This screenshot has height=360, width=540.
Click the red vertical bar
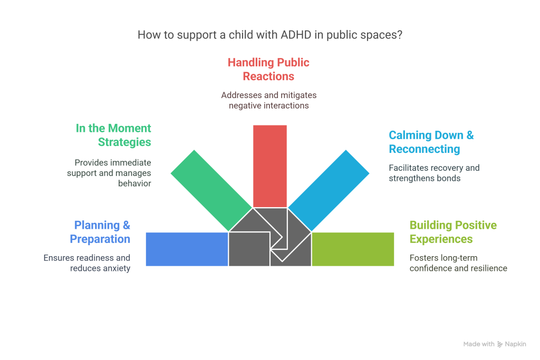coord(270,165)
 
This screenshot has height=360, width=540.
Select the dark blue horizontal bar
coord(186,249)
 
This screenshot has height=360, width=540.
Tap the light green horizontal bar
coord(353,249)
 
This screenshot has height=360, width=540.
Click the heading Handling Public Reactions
coord(268,69)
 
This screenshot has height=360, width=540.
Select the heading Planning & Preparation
coord(100,232)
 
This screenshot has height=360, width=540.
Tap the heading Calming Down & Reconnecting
coord(431,142)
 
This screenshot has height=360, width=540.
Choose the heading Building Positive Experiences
coord(452,232)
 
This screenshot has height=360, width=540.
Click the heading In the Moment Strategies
coord(113,135)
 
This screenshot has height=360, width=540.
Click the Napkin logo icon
coord(500,344)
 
